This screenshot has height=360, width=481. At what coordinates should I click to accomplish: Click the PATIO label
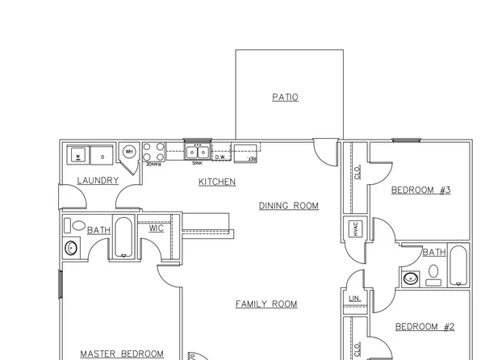pyautogui.click(x=285, y=98)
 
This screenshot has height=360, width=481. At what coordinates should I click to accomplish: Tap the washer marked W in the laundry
pyautogui.click(x=79, y=154)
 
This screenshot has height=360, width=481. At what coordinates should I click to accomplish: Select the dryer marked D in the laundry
pyautogui.click(x=102, y=154)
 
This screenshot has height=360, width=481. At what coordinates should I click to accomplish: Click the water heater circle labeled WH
pyautogui.click(x=129, y=152)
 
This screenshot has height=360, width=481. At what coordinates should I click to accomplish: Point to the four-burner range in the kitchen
pyautogui.click(x=153, y=153)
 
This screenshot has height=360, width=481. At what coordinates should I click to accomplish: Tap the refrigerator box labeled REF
pyautogui.click(x=245, y=151)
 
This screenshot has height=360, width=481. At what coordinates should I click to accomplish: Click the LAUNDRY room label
pyautogui.click(x=98, y=180)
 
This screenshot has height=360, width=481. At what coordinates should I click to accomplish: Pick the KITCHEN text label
pyautogui.click(x=217, y=182)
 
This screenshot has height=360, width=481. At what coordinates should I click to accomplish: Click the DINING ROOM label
pyautogui.click(x=288, y=206)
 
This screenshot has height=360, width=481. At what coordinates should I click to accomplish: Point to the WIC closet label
pyautogui.click(x=157, y=228)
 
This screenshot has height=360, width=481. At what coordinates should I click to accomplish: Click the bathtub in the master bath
pyautogui.click(x=124, y=237)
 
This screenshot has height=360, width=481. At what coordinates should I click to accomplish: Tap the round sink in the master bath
pyautogui.click(x=70, y=248)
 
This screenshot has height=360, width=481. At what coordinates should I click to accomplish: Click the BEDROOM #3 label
pyautogui.click(x=420, y=190)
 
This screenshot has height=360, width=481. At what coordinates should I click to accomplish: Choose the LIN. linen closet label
pyautogui.click(x=354, y=299)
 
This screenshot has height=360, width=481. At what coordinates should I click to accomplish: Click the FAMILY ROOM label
pyautogui.click(x=266, y=304)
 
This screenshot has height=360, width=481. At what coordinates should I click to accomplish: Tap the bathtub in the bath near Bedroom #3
pyautogui.click(x=458, y=267)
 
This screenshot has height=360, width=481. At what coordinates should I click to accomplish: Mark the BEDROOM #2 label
pyautogui.click(x=425, y=327)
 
